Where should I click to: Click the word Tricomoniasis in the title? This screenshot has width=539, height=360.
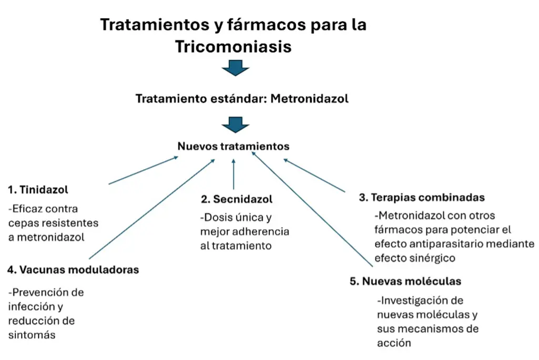coord(233,46)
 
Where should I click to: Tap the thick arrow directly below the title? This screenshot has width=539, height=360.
coord(236,68)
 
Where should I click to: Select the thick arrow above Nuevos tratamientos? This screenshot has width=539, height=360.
coord(236,125)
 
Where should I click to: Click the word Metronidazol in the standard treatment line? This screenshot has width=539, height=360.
coord(309,99)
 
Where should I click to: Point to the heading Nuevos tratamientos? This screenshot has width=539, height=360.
coord(233,146)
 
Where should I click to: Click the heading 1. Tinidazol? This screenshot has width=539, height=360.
coord(38,190)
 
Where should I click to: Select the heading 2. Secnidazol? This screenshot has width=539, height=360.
coord(237,199)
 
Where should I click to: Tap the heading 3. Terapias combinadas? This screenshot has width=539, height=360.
coord(422,197)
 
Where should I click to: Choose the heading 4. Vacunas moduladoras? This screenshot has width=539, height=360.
coord(73,270)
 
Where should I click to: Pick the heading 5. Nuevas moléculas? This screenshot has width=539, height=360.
coord(405,281)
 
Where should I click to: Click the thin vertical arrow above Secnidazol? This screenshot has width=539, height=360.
coord(234,174)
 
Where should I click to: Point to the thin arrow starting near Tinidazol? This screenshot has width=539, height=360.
coord(144,170)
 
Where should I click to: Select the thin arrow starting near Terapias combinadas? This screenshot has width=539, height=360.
coord(314,175)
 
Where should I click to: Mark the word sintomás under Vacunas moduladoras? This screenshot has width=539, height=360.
coord(32,335)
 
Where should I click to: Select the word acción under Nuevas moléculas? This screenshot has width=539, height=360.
coord(394,343)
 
